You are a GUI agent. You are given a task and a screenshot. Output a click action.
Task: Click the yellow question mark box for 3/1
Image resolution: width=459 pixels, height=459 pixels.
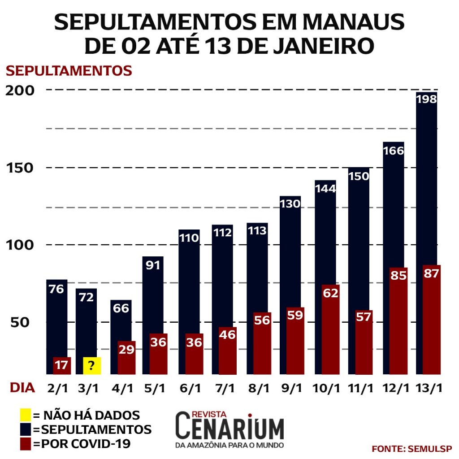91,366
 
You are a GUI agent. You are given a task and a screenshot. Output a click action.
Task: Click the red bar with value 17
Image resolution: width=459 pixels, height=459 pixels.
62,366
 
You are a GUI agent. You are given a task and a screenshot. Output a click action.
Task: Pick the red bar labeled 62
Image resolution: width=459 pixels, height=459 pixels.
330,329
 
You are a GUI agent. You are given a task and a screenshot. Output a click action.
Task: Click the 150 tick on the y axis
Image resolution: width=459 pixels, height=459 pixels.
20,168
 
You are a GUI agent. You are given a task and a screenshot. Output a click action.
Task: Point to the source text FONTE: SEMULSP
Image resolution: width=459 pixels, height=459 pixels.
411,449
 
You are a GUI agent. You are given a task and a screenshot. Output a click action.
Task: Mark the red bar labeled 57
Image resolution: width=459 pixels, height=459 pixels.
364,342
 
